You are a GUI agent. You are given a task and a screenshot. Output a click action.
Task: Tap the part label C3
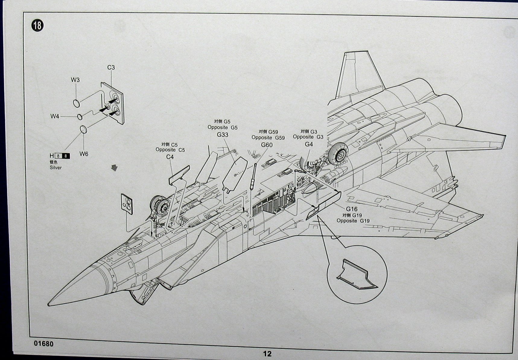(x=111, y=68)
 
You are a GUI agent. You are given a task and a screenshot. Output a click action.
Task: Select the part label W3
(x=75, y=80)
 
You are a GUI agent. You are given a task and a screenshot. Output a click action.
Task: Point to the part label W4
(x=55, y=116)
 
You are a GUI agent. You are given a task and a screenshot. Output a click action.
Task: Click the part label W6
(x=84, y=154)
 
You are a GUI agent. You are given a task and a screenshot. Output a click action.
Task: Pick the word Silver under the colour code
(x=56, y=167)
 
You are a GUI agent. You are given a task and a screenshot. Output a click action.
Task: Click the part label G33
(x=223, y=135)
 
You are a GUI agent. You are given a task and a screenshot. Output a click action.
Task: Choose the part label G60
(x=267, y=145)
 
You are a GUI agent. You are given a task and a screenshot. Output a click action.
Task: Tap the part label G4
(x=309, y=144)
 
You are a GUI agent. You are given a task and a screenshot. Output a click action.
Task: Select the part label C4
(x=170, y=157)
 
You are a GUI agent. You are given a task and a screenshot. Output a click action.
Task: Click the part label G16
(x=351, y=209)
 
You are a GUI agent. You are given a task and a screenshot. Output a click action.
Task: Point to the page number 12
(x=267, y=354)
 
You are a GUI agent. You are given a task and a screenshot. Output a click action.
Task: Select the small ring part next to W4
(x=80, y=117)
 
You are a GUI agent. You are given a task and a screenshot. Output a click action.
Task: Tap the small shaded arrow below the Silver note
(x=114, y=168)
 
